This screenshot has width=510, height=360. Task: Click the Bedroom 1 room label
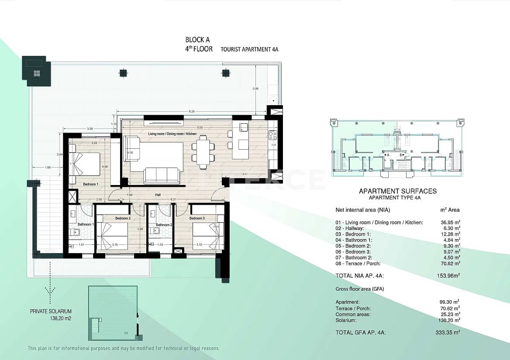coord(91,185)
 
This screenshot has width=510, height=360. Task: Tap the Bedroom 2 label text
coord(123,218)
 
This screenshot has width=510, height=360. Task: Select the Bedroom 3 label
coord(197,218)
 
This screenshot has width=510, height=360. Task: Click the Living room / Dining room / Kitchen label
coord(172,134)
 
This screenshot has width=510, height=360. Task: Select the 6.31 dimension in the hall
coord(174,200)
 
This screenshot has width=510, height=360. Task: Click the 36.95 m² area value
coord(450,223)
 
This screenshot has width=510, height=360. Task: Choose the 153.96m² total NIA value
coord(450,275)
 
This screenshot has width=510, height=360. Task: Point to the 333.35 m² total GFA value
coord(450,333)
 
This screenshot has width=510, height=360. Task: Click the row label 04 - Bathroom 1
coord(354,240)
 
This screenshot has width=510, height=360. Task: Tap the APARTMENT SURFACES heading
coord(397,191)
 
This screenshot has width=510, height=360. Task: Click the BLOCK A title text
coord(194,40)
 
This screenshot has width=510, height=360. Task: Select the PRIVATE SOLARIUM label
coord(51,312)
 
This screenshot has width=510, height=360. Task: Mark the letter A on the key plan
coord(387,154)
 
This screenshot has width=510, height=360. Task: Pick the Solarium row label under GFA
coord(346,320)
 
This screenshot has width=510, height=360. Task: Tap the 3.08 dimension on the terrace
coord(255,89)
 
